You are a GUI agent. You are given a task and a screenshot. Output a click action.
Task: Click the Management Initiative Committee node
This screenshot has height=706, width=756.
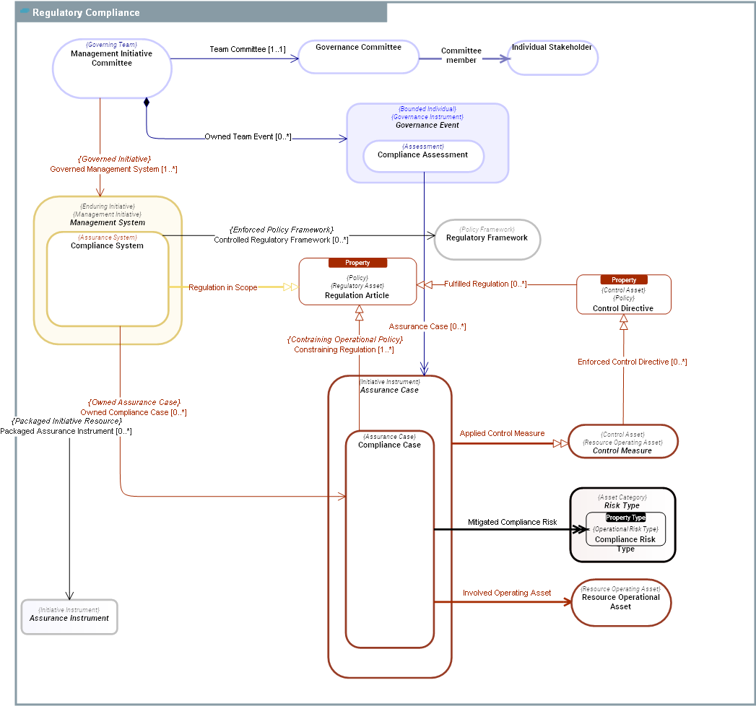click(x=112, y=68)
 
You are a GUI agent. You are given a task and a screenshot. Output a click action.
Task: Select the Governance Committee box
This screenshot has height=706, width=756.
click(x=359, y=57)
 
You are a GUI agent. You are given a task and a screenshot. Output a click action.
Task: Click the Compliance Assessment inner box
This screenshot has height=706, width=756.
click(x=423, y=156)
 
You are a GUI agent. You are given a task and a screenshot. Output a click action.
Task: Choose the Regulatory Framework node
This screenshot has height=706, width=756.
click(x=487, y=239)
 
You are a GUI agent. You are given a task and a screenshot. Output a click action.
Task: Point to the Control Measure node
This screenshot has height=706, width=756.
click(x=622, y=441)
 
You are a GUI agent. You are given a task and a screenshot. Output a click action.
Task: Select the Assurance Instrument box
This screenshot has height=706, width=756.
click(x=69, y=616)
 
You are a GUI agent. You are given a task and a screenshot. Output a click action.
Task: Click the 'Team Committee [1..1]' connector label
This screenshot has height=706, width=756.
click(x=248, y=50)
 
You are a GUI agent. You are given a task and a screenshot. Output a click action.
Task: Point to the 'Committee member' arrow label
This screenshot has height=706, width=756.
click(x=461, y=56)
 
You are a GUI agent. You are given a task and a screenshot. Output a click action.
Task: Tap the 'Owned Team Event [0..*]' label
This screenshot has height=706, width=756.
click(x=248, y=136)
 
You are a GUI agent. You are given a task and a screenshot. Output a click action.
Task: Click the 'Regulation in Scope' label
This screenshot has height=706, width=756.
click(x=223, y=287)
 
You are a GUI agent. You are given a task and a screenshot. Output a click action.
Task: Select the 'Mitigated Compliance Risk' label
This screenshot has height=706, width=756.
click(x=512, y=522)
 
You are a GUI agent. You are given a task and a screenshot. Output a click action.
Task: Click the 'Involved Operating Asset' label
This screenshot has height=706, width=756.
click(x=507, y=593)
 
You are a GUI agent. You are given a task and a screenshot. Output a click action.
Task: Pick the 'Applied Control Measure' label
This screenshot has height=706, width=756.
click(x=503, y=434)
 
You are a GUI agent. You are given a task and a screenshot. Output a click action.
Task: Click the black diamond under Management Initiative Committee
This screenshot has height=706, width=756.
click(x=147, y=102)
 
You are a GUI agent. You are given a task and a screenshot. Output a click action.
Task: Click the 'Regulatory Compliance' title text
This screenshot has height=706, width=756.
click(x=86, y=13)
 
